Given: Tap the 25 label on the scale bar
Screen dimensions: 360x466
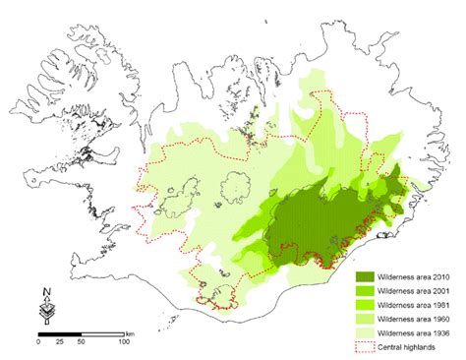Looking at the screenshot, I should [x=60, y=341].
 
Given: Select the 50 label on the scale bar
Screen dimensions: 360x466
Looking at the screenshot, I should [x=82, y=341].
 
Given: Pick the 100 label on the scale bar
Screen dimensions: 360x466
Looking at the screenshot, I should [x=124, y=341].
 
